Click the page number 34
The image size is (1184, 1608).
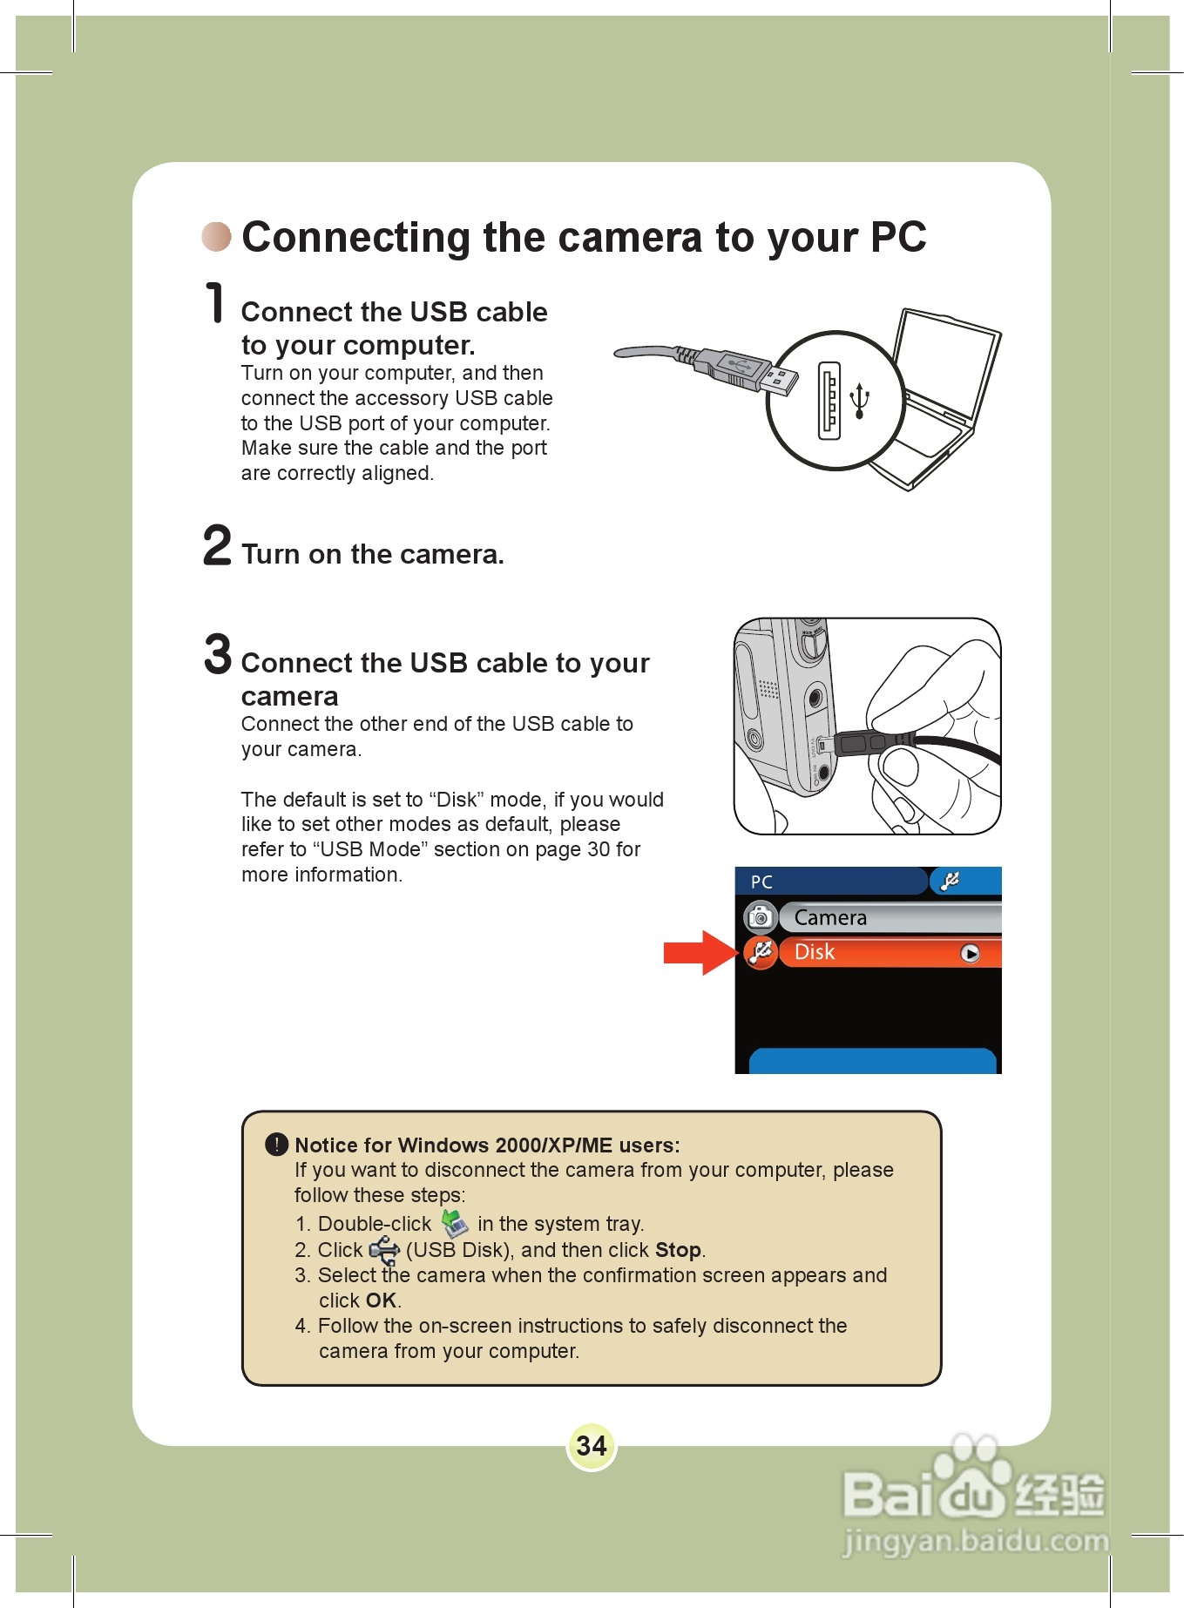(x=592, y=1446)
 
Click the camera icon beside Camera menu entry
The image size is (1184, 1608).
(x=761, y=917)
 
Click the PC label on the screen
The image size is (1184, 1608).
(x=761, y=882)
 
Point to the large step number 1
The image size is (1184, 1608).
(x=215, y=303)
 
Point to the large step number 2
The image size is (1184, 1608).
(x=217, y=546)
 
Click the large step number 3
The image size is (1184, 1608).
(x=218, y=655)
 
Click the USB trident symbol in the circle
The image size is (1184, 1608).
(x=860, y=400)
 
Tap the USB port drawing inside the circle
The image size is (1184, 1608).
(x=829, y=400)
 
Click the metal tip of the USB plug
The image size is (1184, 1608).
(x=781, y=381)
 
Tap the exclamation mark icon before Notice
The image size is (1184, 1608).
(x=276, y=1145)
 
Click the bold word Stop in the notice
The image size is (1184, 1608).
(x=678, y=1250)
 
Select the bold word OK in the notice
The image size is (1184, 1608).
(x=381, y=1301)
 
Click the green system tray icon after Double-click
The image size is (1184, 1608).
(x=454, y=1224)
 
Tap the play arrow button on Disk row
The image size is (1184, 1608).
(x=970, y=954)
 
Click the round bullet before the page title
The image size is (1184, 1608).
(x=216, y=236)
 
